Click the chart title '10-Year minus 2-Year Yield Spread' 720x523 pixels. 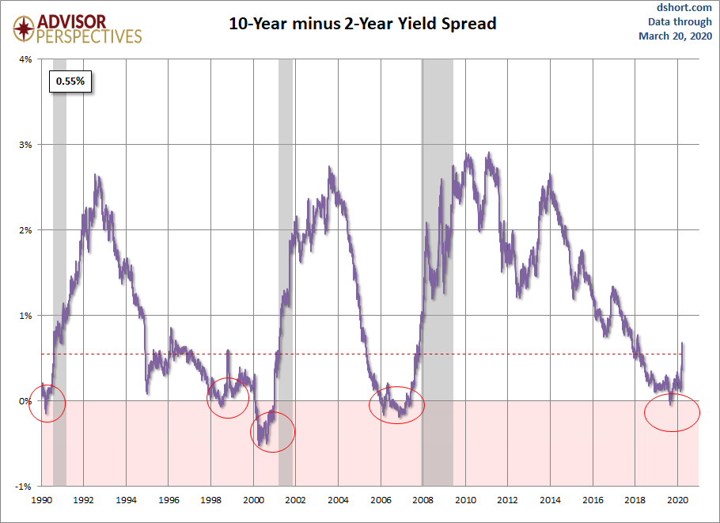(362, 24)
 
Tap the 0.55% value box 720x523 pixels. (70, 81)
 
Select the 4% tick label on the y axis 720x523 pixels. (25, 59)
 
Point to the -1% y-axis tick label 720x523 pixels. (24, 487)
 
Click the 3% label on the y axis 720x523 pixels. (25, 145)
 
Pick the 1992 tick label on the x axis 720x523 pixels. (84, 500)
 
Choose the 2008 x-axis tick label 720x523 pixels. (423, 500)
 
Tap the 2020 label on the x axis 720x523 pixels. (678, 500)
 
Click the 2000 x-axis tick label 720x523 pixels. (253, 500)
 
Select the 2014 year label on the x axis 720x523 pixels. (551, 500)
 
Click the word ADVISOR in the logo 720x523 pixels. (72, 21)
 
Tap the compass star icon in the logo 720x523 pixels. (24, 28)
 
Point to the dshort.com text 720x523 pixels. (684, 7)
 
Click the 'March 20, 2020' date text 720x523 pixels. (676, 36)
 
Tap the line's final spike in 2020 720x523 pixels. (682, 343)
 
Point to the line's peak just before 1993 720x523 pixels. (96, 175)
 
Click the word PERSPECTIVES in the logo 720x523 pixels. (89, 36)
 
